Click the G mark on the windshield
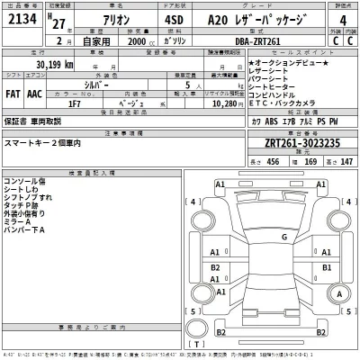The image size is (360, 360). [283, 236]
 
